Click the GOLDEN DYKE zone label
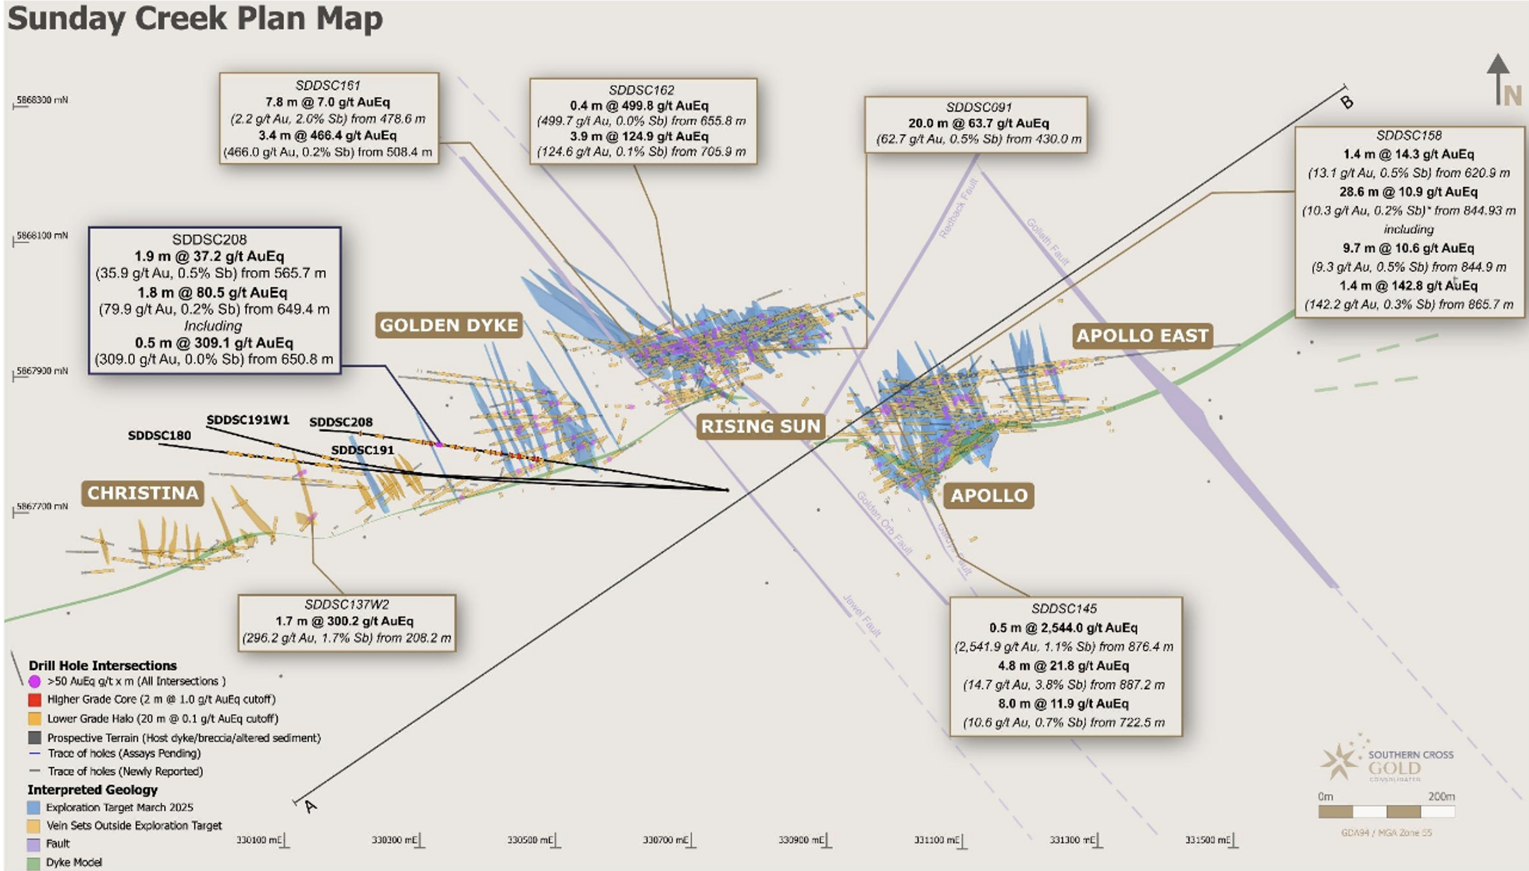[449, 325]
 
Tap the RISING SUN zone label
[761, 426]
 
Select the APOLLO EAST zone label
[1142, 335]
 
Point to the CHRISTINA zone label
[143, 493]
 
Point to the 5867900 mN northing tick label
[42, 371]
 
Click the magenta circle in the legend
[35, 681]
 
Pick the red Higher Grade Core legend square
[35, 700]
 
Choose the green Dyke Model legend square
[34, 863]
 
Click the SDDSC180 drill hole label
[159, 436]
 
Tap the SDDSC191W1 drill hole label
[248, 420]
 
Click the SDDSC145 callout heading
[1064, 609]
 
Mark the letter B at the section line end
[1346, 102]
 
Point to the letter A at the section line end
[310, 806]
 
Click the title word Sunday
[67, 18]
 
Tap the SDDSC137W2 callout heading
[347, 605]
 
